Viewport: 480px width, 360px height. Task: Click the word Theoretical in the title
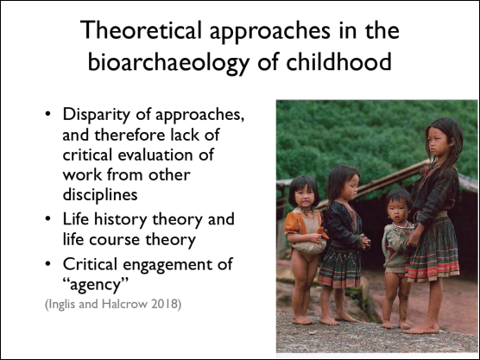click(141, 30)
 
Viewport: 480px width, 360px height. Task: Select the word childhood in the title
click(338, 60)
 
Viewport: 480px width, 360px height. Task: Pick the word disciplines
click(100, 195)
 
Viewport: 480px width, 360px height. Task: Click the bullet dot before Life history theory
click(48, 219)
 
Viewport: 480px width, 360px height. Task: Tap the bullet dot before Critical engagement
click(48, 264)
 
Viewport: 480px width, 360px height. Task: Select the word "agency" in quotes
click(95, 285)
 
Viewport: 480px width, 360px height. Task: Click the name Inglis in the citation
click(62, 305)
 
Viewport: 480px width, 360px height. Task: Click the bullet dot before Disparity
click(48, 114)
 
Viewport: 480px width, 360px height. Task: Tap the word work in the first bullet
click(82, 174)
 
